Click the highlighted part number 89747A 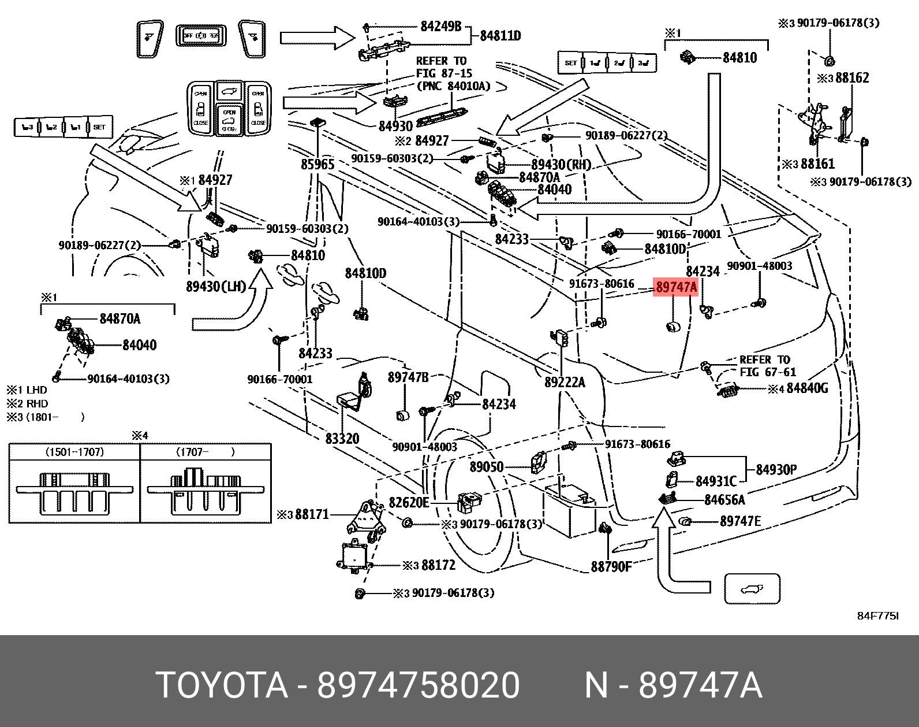675,287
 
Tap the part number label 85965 317,165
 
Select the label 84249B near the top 441,26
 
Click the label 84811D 500,36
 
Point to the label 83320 342,439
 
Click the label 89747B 408,377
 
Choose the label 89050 487,466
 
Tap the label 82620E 409,503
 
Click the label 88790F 611,567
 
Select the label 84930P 776,469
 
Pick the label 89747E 740,521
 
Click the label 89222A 565,382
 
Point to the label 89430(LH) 216,286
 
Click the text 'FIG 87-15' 444,73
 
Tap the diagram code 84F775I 877,616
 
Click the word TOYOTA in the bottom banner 222,685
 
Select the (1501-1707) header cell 74,452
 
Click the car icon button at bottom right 752,589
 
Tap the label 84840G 807,388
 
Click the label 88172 438,565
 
